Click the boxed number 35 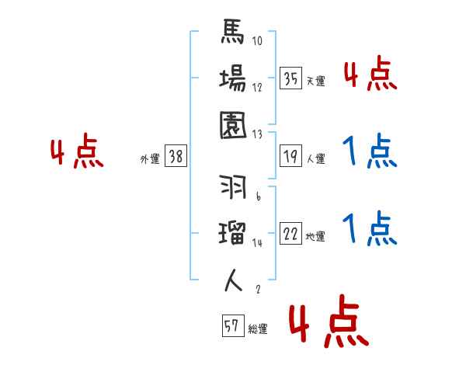pyautogui.click(x=291, y=78)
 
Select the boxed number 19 pyautogui.click(x=291, y=156)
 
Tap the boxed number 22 pyautogui.click(x=291, y=234)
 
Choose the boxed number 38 pyautogui.click(x=176, y=156)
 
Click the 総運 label pyautogui.click(x=258, y=328)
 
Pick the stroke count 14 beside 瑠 pyautogui.click(x=257, y=242)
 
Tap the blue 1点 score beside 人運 pyautogui.click(x=370, y=151)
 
